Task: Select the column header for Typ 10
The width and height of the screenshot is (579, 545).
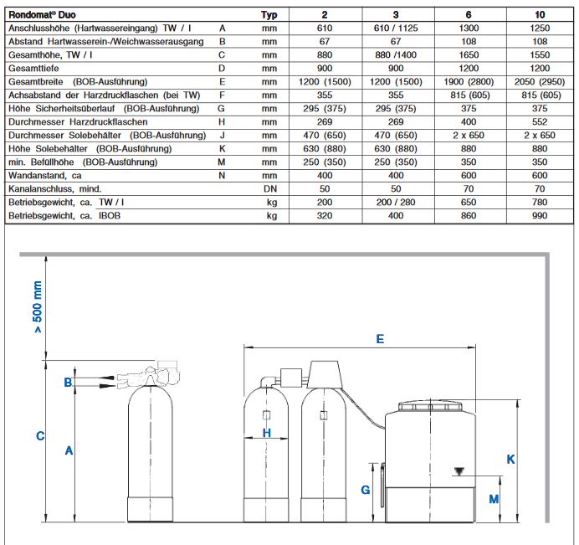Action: pos(540,14)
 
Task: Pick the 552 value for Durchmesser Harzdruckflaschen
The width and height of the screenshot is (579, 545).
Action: pos(540,121)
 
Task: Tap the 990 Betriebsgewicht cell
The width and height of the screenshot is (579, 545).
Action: pos(540,215)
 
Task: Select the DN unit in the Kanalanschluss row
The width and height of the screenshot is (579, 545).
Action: pos(269,188)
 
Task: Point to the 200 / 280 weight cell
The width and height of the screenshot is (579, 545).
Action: pos(397,202)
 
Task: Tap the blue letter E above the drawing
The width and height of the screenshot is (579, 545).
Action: pos(380,339)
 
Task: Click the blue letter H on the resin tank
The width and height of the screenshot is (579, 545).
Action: pos(267,433)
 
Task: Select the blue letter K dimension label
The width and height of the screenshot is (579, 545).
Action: pos(510,459)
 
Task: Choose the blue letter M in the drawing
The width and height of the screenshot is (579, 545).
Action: pos(493,498)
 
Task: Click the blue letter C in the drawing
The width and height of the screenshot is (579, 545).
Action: pos(39,436)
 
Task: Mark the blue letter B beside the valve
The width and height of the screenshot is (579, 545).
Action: pos(67,383)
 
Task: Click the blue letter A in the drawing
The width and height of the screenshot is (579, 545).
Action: pos(69,450)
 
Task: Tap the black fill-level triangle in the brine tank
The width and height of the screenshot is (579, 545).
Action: pos(457,471)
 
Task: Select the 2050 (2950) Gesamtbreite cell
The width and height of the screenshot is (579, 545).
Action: pos(540,81)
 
